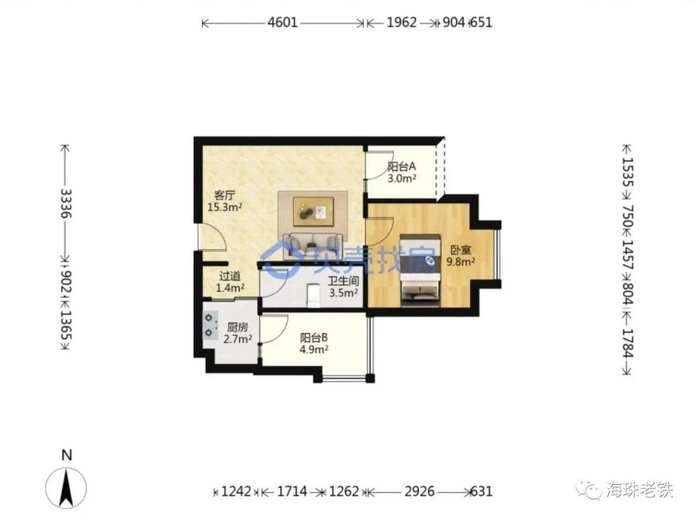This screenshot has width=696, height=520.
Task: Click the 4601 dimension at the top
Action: coord(282,22)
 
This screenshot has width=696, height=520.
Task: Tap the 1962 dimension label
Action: coord(401,22)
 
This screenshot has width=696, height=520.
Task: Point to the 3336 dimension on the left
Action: coord(66,203)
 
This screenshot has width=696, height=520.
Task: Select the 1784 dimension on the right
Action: coord(627,343)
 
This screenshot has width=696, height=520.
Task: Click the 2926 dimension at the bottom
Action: coord(420,491)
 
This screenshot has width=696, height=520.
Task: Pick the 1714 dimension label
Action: coord(292,491)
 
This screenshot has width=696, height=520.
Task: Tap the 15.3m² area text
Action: coord(225,207)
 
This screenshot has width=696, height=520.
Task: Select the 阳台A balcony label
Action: coord(401,167)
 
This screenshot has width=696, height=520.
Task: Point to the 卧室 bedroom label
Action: coord(461,250)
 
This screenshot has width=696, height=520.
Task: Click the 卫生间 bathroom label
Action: coord(343,281)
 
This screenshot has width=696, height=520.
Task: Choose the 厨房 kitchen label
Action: coord(237,328)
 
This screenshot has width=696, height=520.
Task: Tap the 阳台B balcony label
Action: coord(314,338)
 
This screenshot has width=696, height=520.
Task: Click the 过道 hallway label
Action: coord(230,276)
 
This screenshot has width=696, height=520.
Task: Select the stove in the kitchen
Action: coord(210,325)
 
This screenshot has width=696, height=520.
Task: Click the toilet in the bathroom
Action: coord(313,295)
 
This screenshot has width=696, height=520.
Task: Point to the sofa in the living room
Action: coord(313,245)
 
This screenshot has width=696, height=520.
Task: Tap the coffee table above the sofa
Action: coord(313,212)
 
